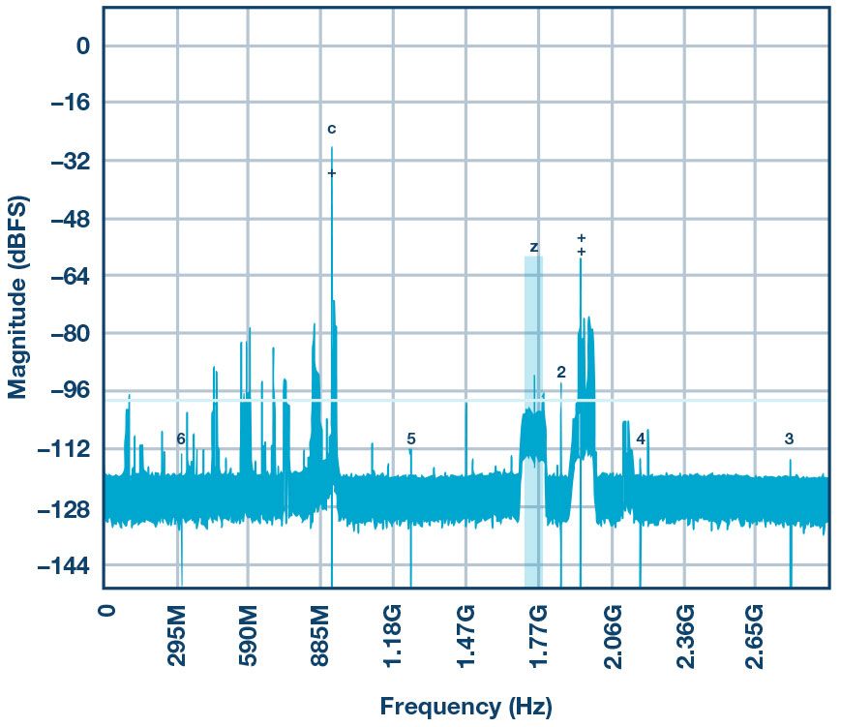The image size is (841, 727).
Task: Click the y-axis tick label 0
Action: [82, 45]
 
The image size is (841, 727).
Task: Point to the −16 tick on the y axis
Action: [70, 103]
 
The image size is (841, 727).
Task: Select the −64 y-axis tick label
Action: [70, 276]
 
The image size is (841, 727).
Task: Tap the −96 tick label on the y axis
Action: [70, 391]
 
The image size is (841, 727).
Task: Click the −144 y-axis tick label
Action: [64, 564]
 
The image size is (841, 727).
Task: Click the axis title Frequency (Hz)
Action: [466, 707]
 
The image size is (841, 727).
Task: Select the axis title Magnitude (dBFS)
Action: [18, 296]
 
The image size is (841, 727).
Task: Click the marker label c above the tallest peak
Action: [331, 129]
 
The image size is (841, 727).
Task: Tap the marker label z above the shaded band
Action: [533, 248]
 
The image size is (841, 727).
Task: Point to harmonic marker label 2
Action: [561, 373]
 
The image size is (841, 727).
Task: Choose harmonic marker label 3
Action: [789, 439]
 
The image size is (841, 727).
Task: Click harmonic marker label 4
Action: [641, 439]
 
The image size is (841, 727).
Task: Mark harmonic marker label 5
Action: [411, 439]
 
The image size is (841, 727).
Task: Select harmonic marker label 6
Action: [181, 439]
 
